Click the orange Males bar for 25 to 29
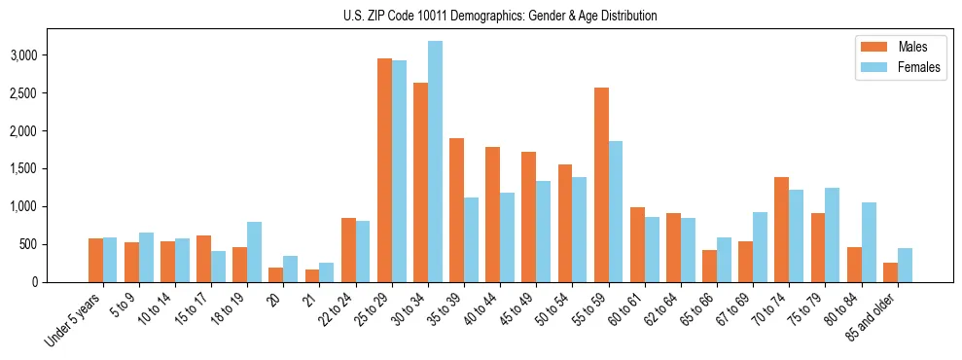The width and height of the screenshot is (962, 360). click(384, 170)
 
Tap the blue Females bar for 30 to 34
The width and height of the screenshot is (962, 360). click(435, 162)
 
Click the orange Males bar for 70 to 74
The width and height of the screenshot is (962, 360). click(781, 230)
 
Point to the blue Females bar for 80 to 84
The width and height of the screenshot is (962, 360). click(869, 242)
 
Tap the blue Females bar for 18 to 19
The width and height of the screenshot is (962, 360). click(254, 252)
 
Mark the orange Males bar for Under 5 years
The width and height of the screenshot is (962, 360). click(95, 260)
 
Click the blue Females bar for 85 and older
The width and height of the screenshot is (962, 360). click(905, 265)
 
